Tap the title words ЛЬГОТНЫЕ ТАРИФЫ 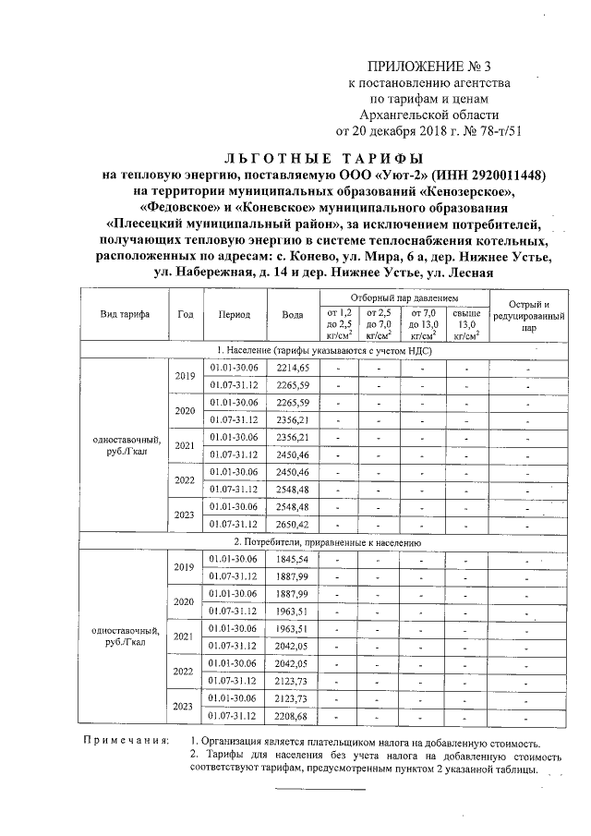pyautogui.click(x=331, y=158)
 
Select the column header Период pyautogui.click(x=235, y=314)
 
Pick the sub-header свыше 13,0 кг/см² pyautogui.click(x=466, y=324)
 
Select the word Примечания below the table pyautogui.click(x=126, y=742)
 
